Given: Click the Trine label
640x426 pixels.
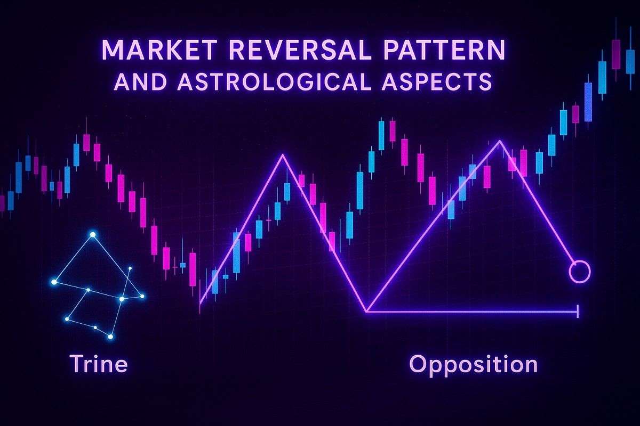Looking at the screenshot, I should (x=98, y=364).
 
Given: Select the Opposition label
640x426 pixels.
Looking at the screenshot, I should (x=473, y=364).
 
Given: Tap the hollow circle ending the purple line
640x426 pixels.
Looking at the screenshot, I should (x=579, y=272).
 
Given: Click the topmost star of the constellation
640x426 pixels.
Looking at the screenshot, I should (x=93, y=234).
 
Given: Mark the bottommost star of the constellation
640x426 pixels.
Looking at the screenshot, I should (x=110, y=337).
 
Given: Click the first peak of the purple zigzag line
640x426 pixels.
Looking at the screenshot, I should (x=283, y=155).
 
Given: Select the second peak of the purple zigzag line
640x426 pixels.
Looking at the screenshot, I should (x=500, y=141).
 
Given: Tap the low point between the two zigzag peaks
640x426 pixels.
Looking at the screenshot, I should (x=367, y=310).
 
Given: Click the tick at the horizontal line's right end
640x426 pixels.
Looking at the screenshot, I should (x=578, y=311).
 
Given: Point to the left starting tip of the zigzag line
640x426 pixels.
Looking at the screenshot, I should (x=200, y=304).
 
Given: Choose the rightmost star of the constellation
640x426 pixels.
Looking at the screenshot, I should (x=142, y=297).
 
